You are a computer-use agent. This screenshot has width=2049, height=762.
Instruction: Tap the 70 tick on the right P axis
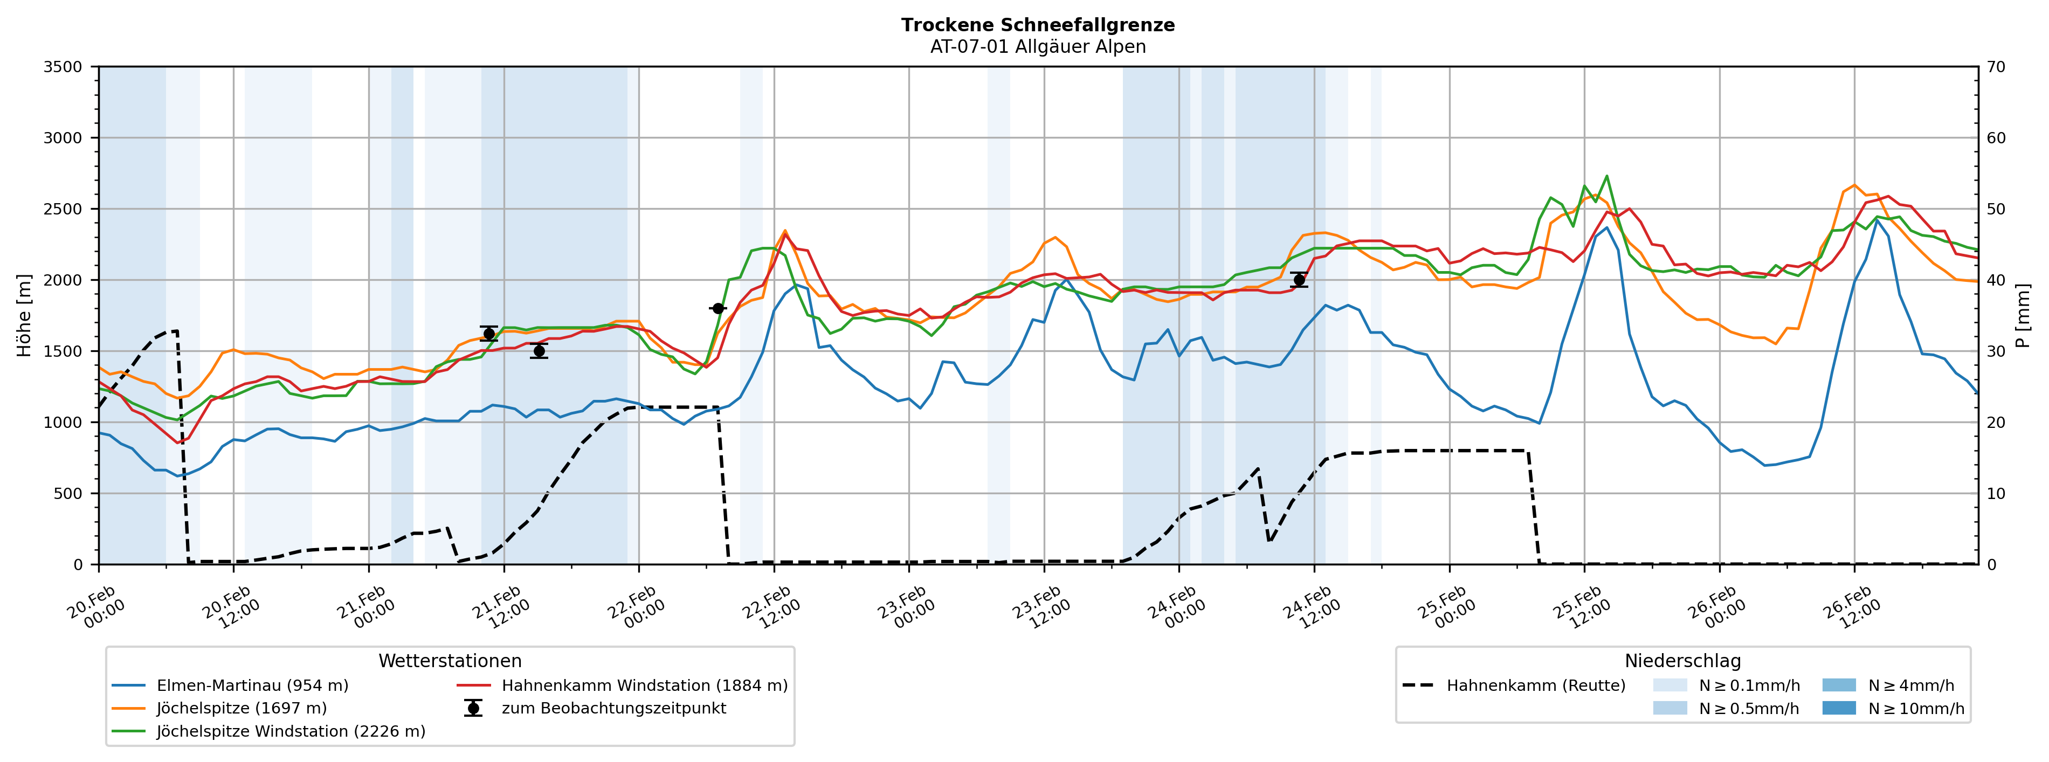1996,67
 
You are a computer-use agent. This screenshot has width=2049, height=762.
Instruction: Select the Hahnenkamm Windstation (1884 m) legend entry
644,685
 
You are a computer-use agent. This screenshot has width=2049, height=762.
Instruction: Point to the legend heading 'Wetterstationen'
450,661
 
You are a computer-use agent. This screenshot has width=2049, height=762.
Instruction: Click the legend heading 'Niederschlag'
1682,661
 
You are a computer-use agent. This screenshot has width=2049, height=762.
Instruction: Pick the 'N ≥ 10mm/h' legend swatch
1838,709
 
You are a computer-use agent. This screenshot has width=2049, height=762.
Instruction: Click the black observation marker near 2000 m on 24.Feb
1299,280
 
